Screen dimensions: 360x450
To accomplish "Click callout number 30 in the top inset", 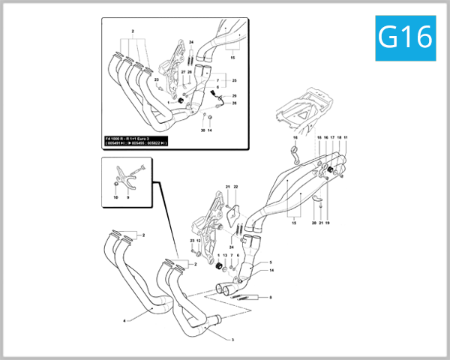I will pos(202,130).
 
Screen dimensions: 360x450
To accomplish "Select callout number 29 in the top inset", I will pos(234,97).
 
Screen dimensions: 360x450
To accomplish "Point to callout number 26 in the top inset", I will pos(234,103).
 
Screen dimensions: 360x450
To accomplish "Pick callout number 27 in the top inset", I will pos(183,72).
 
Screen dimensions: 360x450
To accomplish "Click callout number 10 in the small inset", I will pos(115,196).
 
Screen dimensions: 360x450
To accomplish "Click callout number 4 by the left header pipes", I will pos(124,320).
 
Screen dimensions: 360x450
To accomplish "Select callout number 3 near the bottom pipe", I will pos(232,340).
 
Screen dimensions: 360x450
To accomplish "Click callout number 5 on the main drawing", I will pos(270,262).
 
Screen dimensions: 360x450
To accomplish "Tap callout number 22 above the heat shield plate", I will pos(235,186).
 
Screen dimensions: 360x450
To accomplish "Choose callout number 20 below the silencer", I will pos(313,223).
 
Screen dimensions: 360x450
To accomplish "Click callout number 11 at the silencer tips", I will pos(346,138).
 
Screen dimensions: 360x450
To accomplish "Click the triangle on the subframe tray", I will pos(300,117).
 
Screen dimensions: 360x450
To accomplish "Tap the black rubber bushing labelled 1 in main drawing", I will pos(220,268).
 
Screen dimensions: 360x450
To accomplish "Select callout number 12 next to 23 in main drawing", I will pos(199,241).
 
